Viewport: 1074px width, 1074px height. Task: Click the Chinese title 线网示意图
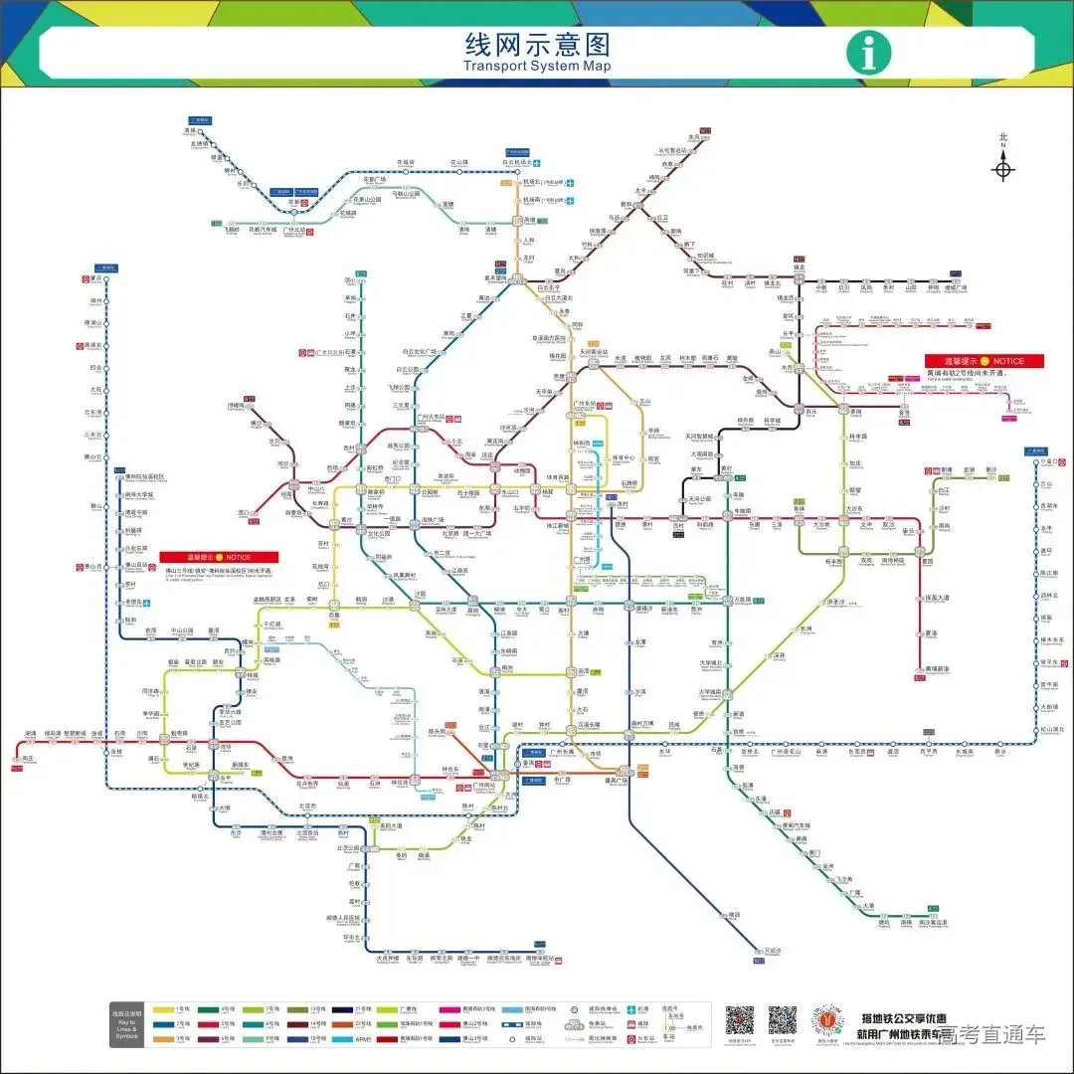(x=537, y=45)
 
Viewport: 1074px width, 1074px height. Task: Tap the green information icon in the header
(x=868, y=53)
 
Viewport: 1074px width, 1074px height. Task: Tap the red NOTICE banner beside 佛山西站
(x=205, y=557)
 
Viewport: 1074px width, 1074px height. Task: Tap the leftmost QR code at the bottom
(x=739, y=1020)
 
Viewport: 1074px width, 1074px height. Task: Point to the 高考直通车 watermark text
(x=993, y=1034)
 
